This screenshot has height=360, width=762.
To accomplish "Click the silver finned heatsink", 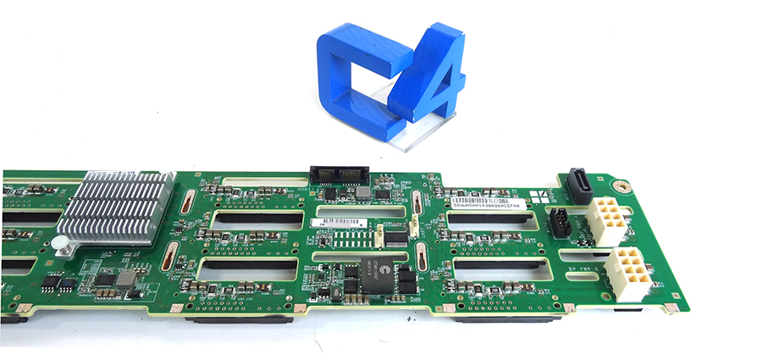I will pyautogui.click(x=114, y=208).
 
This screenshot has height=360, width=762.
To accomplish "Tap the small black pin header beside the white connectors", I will pyautogui.click(x=558, y=224).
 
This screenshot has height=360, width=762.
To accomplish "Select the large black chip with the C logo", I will pyautogui.click(x=375, y=274).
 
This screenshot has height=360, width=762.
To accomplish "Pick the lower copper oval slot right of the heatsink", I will pyautogui.click(x=172, y=255).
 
